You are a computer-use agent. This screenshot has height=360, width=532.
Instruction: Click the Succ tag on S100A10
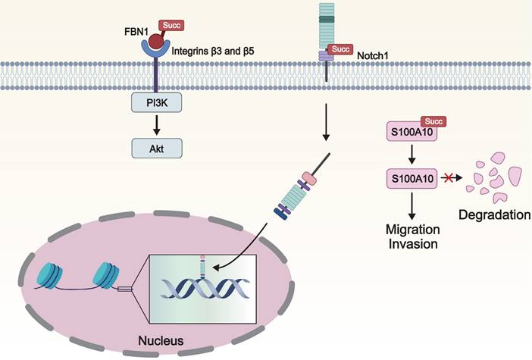point(435,121)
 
